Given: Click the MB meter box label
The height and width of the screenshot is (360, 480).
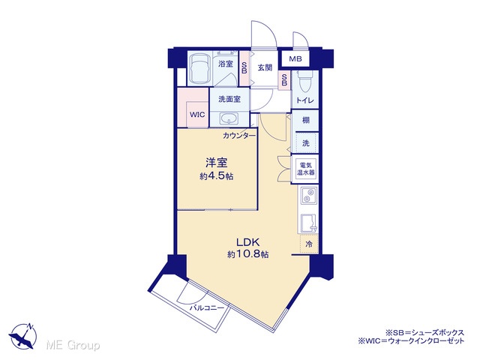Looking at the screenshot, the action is (295, 59).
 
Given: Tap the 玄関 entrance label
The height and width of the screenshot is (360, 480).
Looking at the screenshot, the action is (265, 67).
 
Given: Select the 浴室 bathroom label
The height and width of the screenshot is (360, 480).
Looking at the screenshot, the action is (226, 64).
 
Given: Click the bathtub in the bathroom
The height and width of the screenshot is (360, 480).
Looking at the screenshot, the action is (199, 69).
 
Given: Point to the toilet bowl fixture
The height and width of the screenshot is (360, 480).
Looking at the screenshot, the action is (304, 82).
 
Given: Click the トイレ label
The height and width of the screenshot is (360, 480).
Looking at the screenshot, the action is (305, 100).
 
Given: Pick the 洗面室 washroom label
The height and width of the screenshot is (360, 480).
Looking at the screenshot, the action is (229, 99).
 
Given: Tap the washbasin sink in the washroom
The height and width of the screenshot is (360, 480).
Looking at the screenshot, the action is (229, 118).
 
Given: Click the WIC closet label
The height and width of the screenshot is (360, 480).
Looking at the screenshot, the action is (197, 115).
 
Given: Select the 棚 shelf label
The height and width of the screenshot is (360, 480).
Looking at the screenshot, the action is (306, 120).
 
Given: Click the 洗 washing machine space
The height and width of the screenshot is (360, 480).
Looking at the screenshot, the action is (306, 142).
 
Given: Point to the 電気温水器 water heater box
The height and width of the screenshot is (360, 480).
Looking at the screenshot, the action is (305, 169).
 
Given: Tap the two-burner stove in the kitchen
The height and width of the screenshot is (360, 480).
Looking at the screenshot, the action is (308, 196).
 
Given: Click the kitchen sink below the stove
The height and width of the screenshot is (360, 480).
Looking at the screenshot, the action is (309, 223).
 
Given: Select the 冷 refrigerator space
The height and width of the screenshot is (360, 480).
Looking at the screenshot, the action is (309, 244).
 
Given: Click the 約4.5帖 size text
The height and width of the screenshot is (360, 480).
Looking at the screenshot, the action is (217, 177).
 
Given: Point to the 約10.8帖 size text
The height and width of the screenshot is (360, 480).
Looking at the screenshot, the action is (248, 254).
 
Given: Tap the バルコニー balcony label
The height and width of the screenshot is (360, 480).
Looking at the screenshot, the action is (207, 307).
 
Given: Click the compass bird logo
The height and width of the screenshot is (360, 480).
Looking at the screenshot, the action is (23, 336).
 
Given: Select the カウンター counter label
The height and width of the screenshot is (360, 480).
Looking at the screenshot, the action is (239, 136).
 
